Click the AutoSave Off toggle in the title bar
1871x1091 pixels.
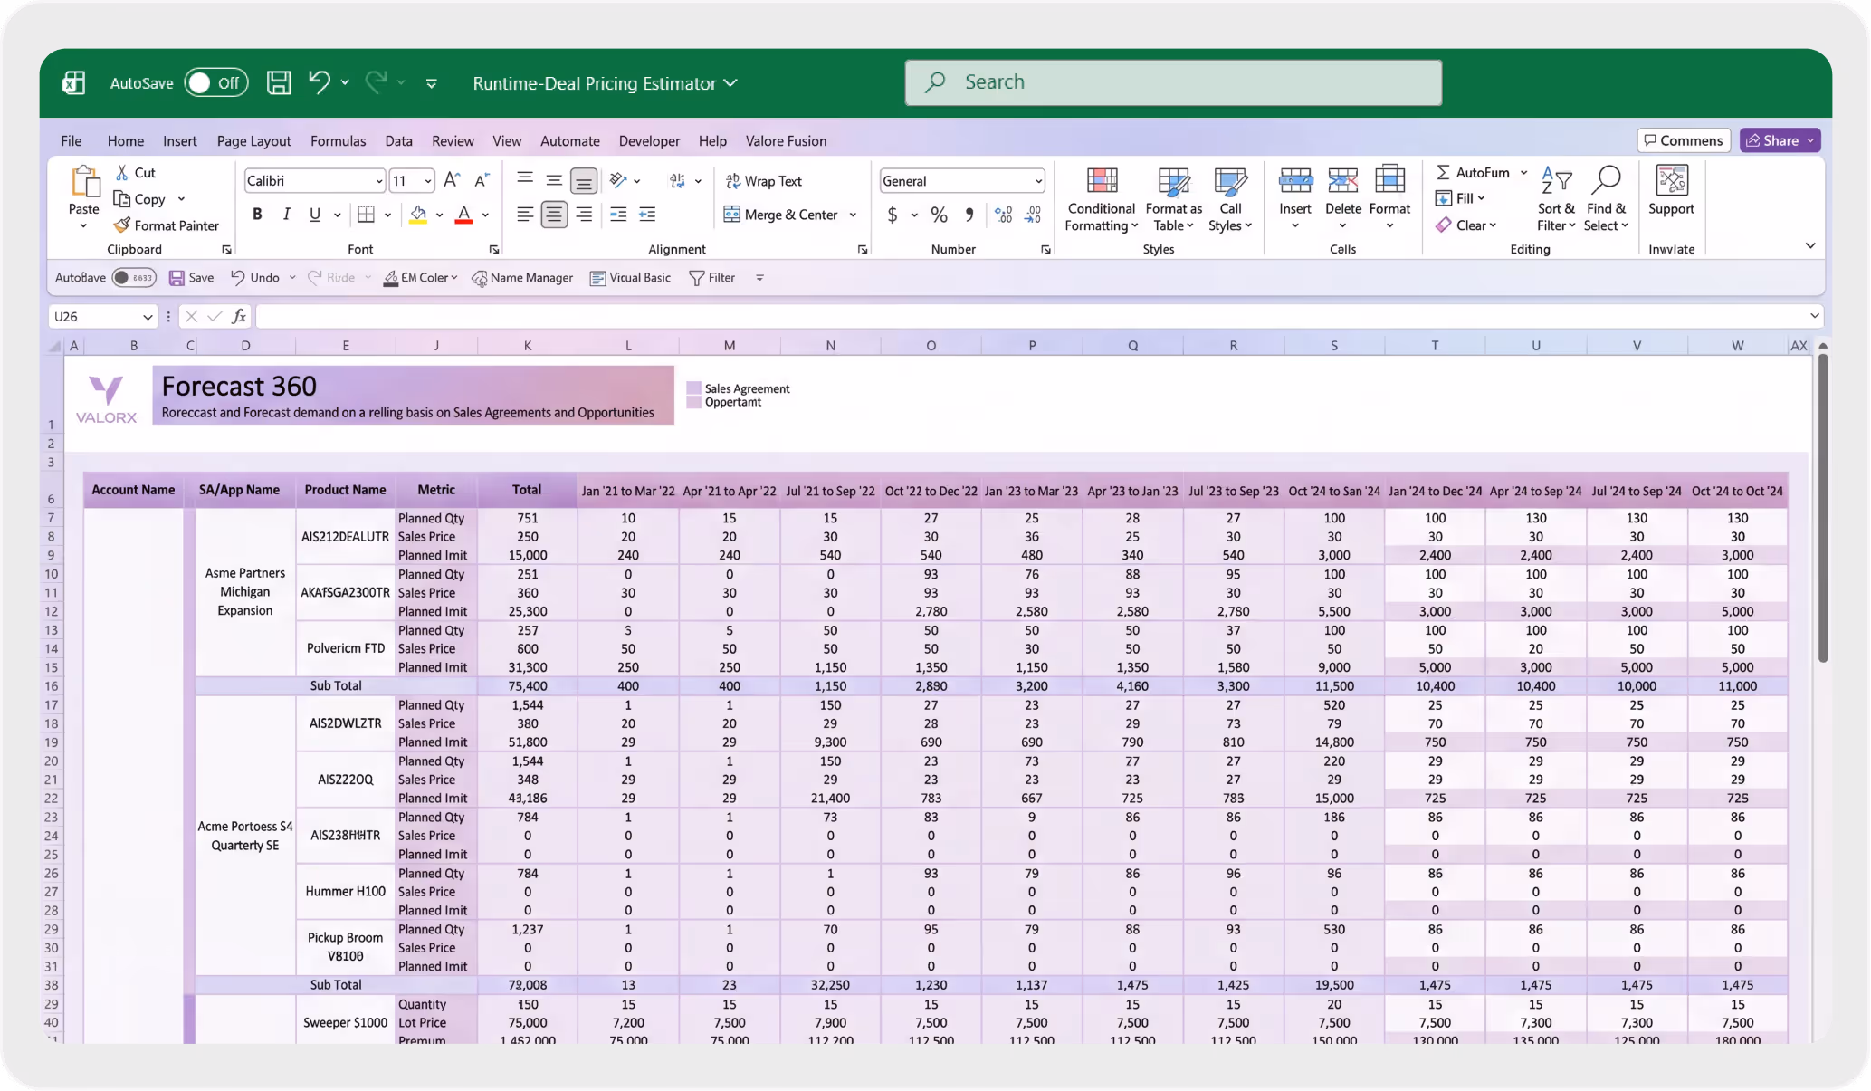tap(215, 83)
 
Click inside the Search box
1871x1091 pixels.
tap(1173, 82)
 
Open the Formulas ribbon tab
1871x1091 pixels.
tap(338, 141)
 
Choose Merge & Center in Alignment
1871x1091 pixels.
tap(788, 215)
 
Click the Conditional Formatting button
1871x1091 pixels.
tap(1101, 200)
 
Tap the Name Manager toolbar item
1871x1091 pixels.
tap(522, 278)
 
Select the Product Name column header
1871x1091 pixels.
tap(345, 490)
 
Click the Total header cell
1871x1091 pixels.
tap(527, 490)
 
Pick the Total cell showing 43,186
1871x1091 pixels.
tap(527, 799)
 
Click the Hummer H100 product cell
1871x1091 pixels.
tap(345, 892)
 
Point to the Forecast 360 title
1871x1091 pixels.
tap(239, 387)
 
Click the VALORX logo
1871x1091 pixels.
tap(106, 398)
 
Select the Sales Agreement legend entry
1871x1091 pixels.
tap(746, 388)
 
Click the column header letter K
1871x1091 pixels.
tap(527, 346)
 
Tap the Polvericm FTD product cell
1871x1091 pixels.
tap(345, 649)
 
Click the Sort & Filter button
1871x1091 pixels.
tap(1555, 200)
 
